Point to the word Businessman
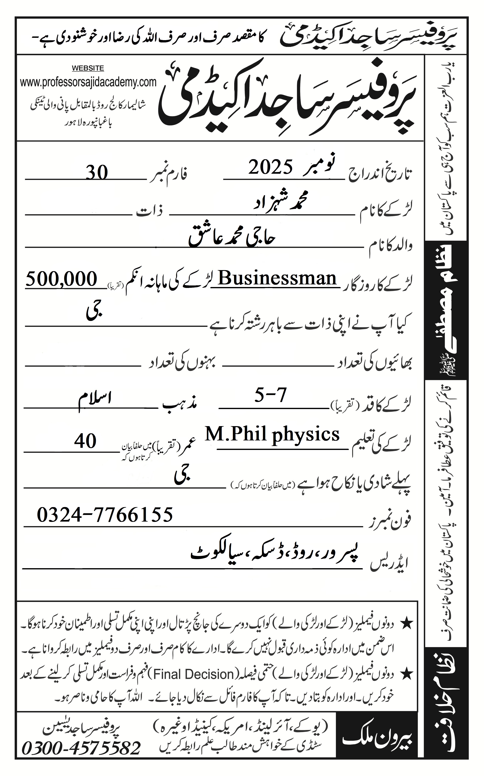tap(277, 278)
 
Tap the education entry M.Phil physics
tap(272, 434)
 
